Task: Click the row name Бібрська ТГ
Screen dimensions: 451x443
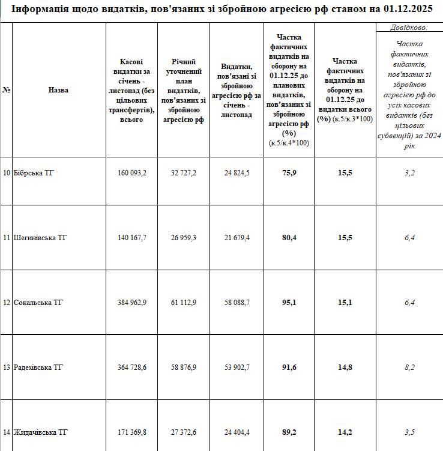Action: [x=34, y=173]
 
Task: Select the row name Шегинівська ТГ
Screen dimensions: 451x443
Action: [x=40, y=238]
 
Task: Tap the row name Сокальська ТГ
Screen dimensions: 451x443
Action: [x=38, y=302]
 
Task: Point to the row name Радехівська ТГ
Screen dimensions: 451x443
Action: [x=40, y=367]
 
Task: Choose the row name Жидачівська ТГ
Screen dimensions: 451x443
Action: [x=40, y=432]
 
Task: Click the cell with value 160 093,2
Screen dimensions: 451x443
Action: [x=133, y=173]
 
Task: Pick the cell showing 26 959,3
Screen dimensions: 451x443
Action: [x=184, y=238]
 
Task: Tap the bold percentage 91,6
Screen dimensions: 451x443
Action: [x=289, y=367]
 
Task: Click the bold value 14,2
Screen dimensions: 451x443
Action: [x=345, y=432]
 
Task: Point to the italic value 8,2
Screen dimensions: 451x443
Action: [x=409, y=367]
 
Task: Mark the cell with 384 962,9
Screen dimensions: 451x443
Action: [x=133, y=302]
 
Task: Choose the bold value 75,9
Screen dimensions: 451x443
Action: [x=289, y=173]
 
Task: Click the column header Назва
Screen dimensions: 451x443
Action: [x=58, y=90]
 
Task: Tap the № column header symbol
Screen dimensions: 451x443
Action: [x=7, y=90]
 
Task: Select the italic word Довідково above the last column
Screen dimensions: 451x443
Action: [x=408, y=27]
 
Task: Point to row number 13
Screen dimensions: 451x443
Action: [x=7, y=367]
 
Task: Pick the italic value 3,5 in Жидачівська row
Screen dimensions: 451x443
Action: [x=409, y=432]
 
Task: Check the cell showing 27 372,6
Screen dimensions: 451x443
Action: [x=184, y=432]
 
